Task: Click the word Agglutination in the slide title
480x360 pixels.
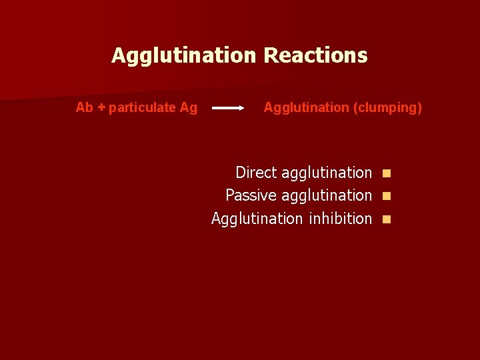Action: pos(184,55)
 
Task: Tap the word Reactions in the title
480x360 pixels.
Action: pos(315,55)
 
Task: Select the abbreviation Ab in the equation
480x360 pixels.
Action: pos(85,107)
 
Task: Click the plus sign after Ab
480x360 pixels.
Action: pos(101,107)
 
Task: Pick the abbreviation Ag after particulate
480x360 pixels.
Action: pos(189,108)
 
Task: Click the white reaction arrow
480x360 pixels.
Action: pos(227,107)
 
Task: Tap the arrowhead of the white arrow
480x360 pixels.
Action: pos(241,107)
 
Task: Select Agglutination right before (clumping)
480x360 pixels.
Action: pos(306,108)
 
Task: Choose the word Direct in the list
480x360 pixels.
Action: pos(256,173)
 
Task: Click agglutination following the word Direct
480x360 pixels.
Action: pos(327,173)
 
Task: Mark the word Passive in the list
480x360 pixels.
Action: pos(251,195)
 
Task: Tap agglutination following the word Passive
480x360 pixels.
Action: pos(327,196)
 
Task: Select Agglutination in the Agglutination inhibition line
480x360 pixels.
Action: pos(257,219)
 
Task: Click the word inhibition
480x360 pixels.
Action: pos(340,218)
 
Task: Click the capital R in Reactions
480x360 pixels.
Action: pos(269,55)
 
